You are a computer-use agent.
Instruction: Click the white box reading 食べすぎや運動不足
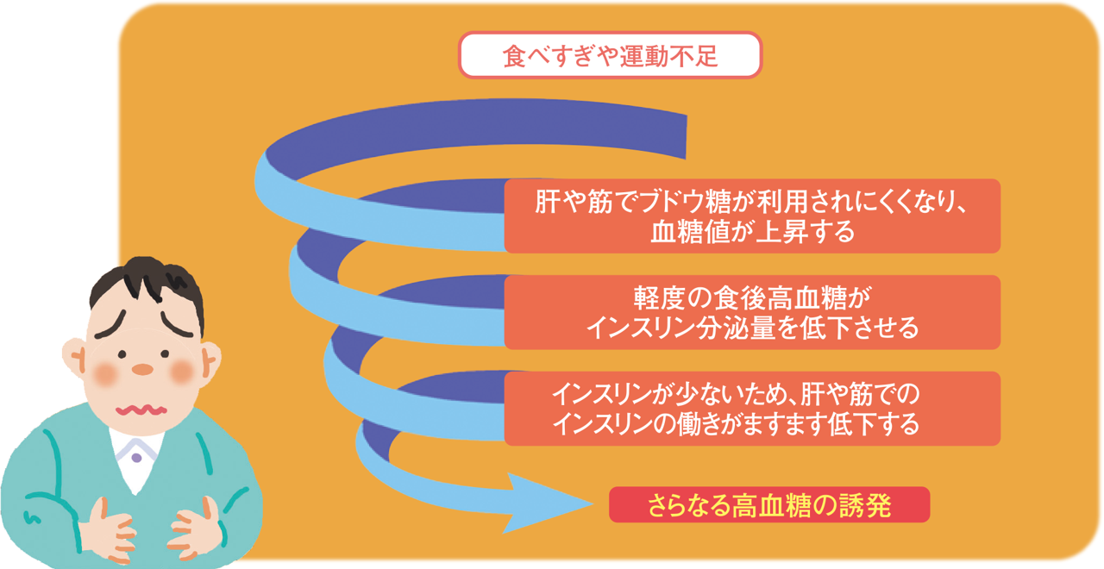tap(610, 55)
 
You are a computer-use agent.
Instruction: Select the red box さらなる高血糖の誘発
tap(769, 505)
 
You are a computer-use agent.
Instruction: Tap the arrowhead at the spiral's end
tap(547, 503)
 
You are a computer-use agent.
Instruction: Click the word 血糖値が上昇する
tap(753, 232)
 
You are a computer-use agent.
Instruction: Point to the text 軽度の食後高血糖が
tap(753, 297)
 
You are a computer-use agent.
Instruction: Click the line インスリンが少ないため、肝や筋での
tap(736, 394)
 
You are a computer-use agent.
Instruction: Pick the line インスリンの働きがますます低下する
tap(736, 424)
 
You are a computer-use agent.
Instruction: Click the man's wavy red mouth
tap(141, 410)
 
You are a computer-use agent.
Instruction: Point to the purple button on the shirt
tap(136, 458)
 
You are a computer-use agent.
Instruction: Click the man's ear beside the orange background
tap(210, 362)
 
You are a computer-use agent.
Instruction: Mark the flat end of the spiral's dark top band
tap(686, 137)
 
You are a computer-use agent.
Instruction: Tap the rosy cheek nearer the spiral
tap(181, 372)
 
